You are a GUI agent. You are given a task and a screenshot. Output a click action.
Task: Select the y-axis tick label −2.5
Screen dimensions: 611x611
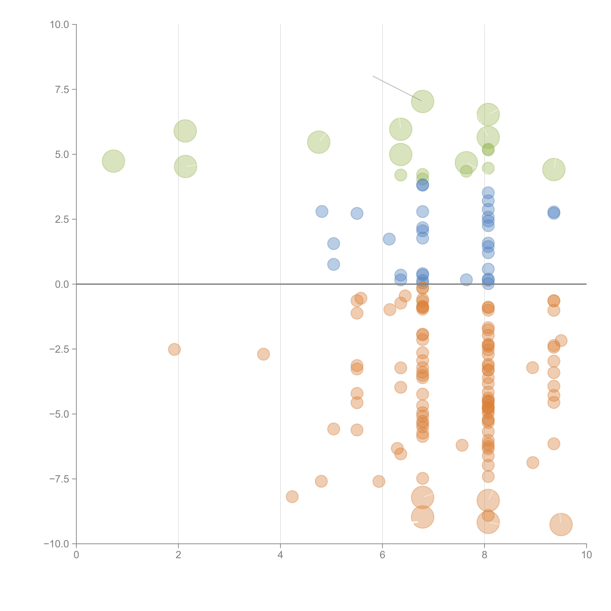59,349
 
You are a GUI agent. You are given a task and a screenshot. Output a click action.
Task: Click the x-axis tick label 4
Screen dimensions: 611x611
280,555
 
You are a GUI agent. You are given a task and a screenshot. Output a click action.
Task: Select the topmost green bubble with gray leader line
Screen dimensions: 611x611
422,102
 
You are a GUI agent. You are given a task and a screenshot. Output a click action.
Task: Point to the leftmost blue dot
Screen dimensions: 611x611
322,211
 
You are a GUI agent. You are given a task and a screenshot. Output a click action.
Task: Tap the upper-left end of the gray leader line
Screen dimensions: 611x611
373,76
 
